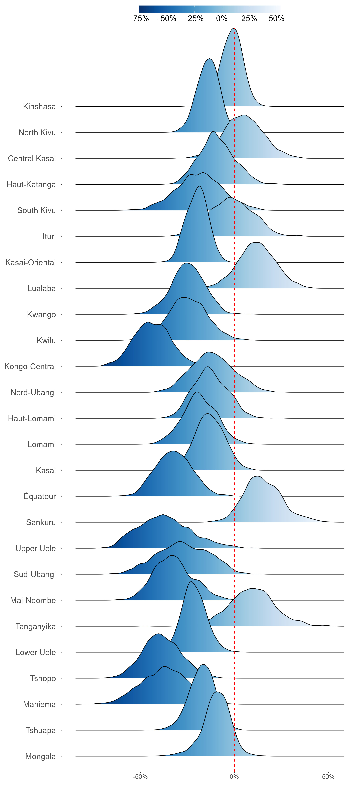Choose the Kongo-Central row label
point(30,366)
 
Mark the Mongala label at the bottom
point(41,756)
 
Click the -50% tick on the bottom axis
point(140,777)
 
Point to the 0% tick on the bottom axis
point(234,777)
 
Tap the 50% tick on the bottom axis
point(328,777)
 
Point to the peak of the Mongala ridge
point(217,692)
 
